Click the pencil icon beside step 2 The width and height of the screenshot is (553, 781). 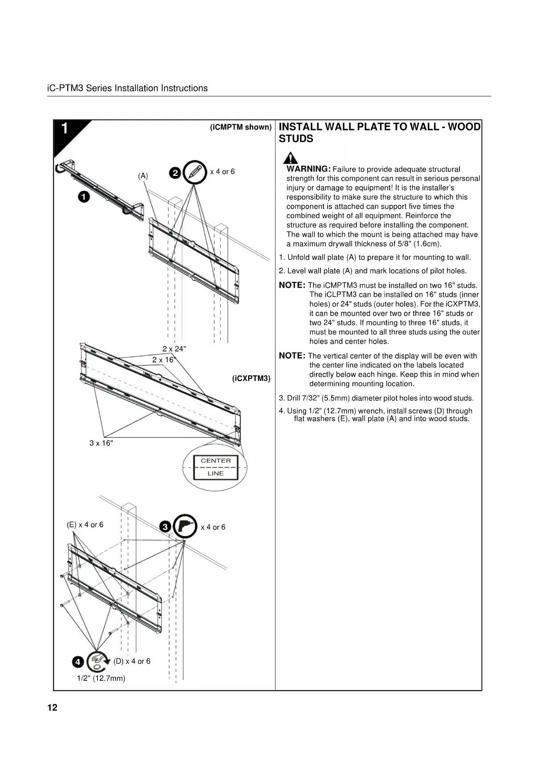(195, 172)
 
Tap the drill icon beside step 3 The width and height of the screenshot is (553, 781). (185, 526)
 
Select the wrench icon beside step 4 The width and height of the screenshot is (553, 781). (97, 662)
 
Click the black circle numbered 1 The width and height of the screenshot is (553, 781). (84, 196)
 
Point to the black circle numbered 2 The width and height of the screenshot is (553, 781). (176, 173)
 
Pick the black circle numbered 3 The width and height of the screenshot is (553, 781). (165, 527)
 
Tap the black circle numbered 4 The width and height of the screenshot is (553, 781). (78, 662)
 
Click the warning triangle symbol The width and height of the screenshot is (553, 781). (291, 158)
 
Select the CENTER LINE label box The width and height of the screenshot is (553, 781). (216, 467)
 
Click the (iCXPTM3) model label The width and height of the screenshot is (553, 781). (251, 378)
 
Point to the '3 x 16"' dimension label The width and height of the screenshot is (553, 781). (101, 443)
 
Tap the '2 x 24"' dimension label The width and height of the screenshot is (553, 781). (174, 349)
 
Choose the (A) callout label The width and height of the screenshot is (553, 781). (143, 176)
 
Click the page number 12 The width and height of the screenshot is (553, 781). (52, 708)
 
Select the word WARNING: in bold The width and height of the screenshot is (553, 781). (308, 169)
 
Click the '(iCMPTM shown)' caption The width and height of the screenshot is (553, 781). (241, 127)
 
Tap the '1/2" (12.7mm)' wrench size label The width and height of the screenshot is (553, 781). (101, 678)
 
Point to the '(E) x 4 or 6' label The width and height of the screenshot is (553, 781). (85, 525)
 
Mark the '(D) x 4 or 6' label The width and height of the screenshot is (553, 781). (131, 661)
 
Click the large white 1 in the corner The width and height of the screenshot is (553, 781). (65, 128)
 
